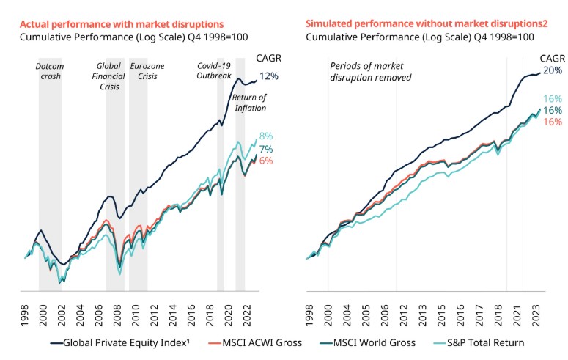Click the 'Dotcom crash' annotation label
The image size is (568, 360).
[50, 70]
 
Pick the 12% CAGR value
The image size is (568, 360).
[268, 76]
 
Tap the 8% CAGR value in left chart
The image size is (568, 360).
[265, 136]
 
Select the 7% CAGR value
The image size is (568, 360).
[265, 149]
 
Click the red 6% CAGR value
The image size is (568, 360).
[265, 161]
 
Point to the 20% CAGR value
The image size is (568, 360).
[552, 71]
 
